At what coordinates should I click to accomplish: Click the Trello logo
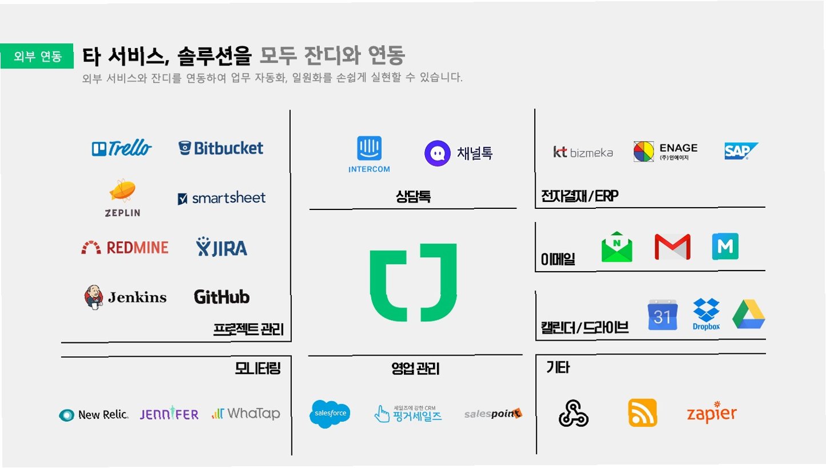click(x=122, y=148)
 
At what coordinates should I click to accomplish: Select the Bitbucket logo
click(x=220, y=148)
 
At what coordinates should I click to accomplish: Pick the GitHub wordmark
click(x=222, y=297)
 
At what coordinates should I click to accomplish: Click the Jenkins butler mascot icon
click(x=95, y=297)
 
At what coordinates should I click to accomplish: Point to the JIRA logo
click(x=222, y=247)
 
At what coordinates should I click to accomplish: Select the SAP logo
click(x=741, y=151)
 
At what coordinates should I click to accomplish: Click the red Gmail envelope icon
click(x=672, y=247)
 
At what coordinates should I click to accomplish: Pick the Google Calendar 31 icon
click(x=662, y=314)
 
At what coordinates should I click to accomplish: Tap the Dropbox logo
click(x=706, y=313)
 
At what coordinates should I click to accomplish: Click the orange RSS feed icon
click(x=642, y=413)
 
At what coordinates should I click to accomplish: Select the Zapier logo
click(x=711, y=412)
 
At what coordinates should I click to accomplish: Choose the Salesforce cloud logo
click(x=330, y=414)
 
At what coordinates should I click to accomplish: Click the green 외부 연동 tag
click(x=37, y=57)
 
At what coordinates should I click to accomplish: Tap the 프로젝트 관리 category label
click(x=248, y=329)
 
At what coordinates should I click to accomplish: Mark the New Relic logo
click(x=94, y=415)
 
